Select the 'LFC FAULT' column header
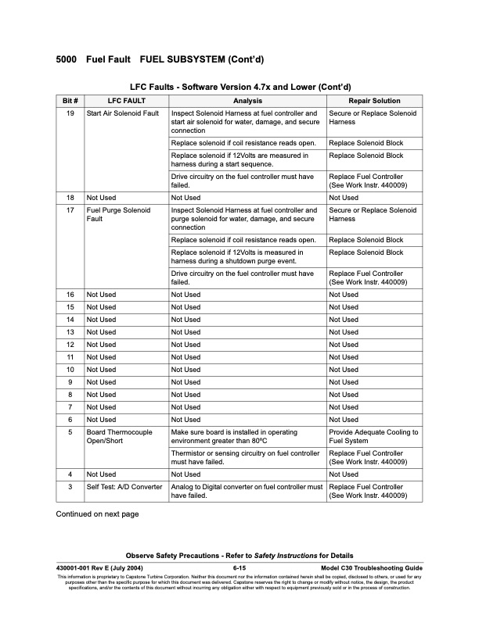[x=125, y=101]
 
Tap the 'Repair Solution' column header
[x=374, y=101]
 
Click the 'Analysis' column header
[x=247, y=101]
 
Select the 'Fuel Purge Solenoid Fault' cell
[x=118, y=215]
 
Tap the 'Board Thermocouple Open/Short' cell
[x=120, y=437]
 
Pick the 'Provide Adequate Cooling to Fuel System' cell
[x=373, y=437]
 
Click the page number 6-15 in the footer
[x=239, y=567]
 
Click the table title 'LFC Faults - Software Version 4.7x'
[x=239, y=86]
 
